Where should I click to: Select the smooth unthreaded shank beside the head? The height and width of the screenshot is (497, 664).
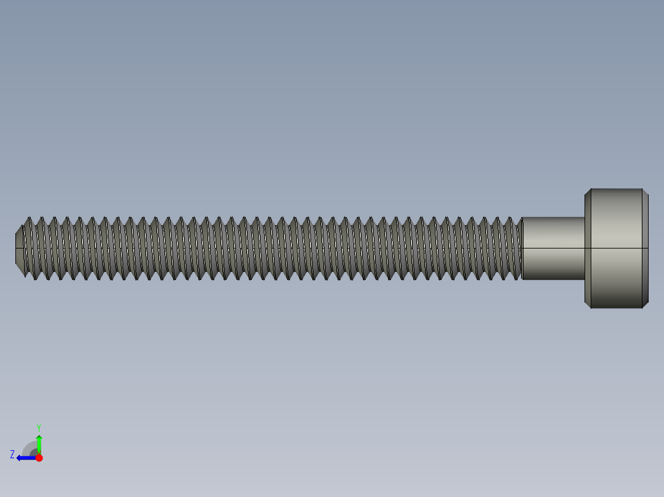553,234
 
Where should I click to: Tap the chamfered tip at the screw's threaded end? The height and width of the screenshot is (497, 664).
19,248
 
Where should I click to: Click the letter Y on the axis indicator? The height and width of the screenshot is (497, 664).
38,426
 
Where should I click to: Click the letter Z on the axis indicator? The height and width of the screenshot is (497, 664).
12,455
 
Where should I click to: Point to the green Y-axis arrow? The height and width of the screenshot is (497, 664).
39,444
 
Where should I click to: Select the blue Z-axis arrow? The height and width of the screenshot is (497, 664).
25,458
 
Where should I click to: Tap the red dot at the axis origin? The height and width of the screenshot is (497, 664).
39,458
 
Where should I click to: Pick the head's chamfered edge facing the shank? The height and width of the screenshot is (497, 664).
588,248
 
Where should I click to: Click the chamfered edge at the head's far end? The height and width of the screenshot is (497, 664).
645,248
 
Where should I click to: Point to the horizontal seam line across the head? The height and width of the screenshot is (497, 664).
616,248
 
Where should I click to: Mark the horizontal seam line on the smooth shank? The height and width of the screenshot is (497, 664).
553,248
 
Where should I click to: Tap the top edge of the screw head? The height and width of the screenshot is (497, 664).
616,189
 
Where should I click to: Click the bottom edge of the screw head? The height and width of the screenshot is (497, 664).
616,308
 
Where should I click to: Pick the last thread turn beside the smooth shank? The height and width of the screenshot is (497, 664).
516,248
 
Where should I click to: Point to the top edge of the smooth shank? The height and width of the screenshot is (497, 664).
553,217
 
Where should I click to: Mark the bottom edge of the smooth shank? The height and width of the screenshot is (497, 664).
553,279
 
